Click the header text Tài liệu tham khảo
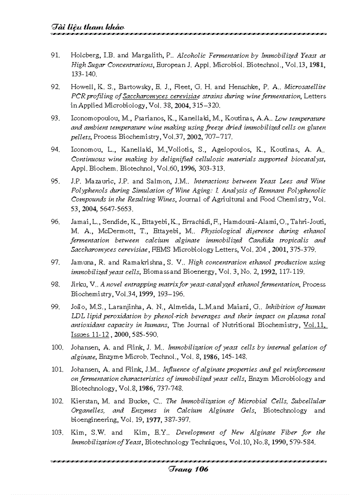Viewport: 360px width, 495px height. (x=87, y=27)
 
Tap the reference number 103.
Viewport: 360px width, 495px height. (x=57, y=433)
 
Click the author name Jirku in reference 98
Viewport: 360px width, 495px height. (x=79, y=285)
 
